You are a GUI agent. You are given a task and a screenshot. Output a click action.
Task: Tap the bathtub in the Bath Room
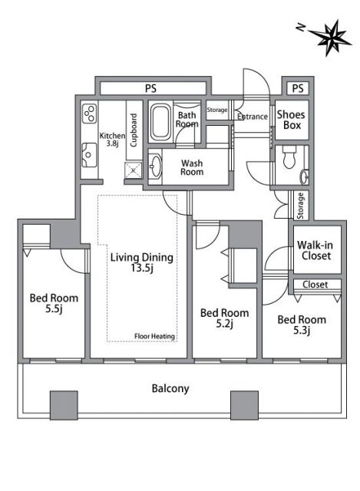tap(160, 123)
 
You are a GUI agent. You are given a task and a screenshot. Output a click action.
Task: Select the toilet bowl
tap(289, 158)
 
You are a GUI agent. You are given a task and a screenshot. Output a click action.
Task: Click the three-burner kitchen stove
tap(90, 113)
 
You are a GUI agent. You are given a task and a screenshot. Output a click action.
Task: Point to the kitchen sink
tap(89, 155)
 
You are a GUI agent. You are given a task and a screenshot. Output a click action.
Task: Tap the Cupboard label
tap(134, 130)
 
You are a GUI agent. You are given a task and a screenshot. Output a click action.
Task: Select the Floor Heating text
tap(154, 336)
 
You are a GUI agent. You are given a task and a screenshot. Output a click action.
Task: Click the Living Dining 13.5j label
tap(141, 262)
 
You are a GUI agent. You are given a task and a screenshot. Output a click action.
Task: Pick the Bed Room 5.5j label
tap(54, 303)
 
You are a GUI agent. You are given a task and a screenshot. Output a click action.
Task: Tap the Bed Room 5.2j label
tap(225, 318)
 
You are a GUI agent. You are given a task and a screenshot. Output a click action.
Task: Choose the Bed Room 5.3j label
tap(302, 325)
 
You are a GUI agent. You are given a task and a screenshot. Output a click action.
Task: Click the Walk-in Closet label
tap(315, 250)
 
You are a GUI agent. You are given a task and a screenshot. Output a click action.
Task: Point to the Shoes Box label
tap(291, 120)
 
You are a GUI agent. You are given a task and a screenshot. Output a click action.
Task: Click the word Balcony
tap(170, 389)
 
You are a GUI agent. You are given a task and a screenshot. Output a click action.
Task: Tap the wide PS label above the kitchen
tap(150, 88)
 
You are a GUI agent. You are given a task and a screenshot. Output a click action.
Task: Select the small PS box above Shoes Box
tap(298, 88)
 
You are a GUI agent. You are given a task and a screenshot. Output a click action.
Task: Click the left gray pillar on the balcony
tap(64, 405)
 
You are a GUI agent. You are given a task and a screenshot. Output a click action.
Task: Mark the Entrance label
tap(253, 117)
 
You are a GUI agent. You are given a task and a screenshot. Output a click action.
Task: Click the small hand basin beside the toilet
tap(304, 177)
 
